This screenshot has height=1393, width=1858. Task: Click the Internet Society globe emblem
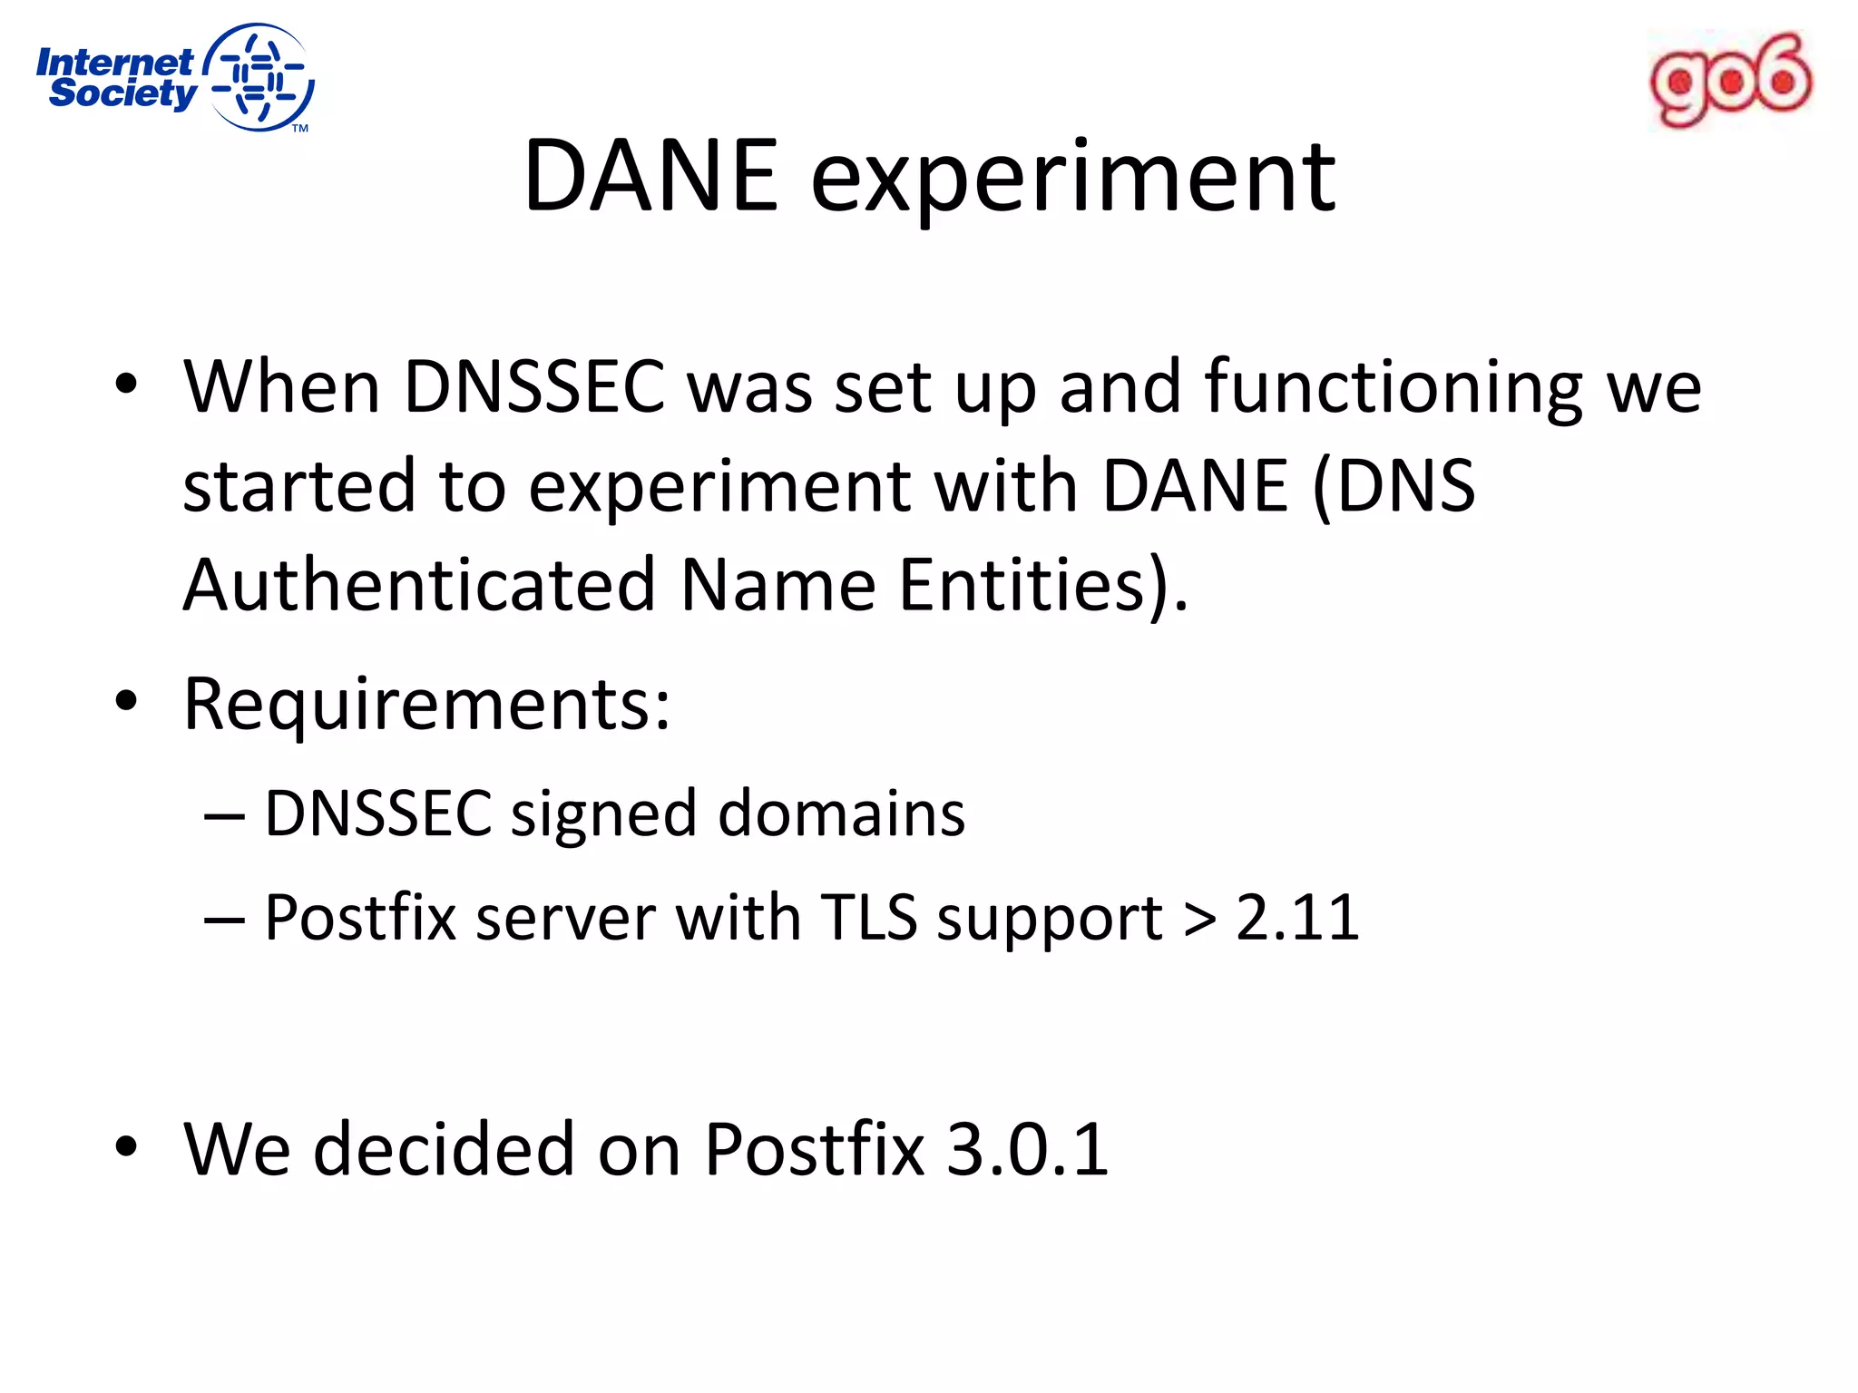(x=260, y=78)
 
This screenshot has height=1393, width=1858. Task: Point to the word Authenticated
(x=419, y=585)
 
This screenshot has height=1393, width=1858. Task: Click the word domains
(x=841, y=813)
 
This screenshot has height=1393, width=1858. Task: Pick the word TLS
(x=869, y=918)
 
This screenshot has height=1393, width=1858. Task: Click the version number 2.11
(x=1297, y=918)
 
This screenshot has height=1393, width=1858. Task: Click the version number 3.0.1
(x=1027, y=1150)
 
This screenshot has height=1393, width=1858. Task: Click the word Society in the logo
(x=122, y=93)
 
